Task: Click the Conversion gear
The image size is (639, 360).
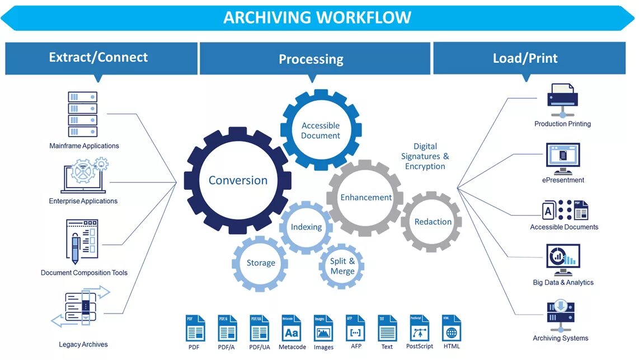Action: (x=238, y=180)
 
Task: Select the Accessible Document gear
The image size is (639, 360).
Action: (x=321, y=130)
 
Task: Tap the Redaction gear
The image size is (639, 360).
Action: (x=433, y=222)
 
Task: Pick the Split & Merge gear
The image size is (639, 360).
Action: (x=342, y=266)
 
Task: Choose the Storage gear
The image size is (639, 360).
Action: (x=261, y=263)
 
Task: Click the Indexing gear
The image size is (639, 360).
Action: (x=306, y=227)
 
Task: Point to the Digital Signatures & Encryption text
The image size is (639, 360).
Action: (x=425, y=156)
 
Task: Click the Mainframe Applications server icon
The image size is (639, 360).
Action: (x=83, y=114)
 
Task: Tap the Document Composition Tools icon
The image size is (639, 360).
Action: (x=82, y=242)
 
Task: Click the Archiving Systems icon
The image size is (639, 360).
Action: (x=561, y=316)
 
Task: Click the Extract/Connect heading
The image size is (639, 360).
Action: (x=98, y=57)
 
